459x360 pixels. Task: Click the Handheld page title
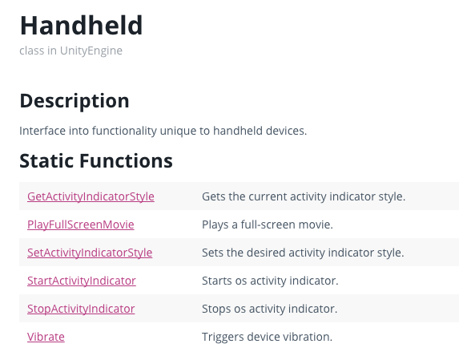coord(81,26)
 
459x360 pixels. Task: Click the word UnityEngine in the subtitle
coord(91,51)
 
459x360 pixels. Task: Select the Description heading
coord(74,101)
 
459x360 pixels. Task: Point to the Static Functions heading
coord(96,161)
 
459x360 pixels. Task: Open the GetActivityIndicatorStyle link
coord(91,196)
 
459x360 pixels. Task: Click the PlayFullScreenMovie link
coord(80,224)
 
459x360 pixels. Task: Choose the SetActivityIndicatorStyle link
coord(90,253)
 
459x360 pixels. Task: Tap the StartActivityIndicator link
coord(82,281)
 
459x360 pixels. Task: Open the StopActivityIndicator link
coord(81,309)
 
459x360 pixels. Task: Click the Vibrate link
coord(46,337)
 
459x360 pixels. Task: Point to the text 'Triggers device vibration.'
coord(267,337)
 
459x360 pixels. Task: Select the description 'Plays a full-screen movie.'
coord(268,224)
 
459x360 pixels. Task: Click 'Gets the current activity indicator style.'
coord(304,196)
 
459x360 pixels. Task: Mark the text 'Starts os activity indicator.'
coord(270,281)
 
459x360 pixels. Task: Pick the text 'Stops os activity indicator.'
coord(270,309)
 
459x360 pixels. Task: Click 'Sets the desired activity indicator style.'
coord(303,253)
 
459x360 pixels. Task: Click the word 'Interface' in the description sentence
coord(42,131)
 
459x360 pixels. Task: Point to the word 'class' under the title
coord(31,51)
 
